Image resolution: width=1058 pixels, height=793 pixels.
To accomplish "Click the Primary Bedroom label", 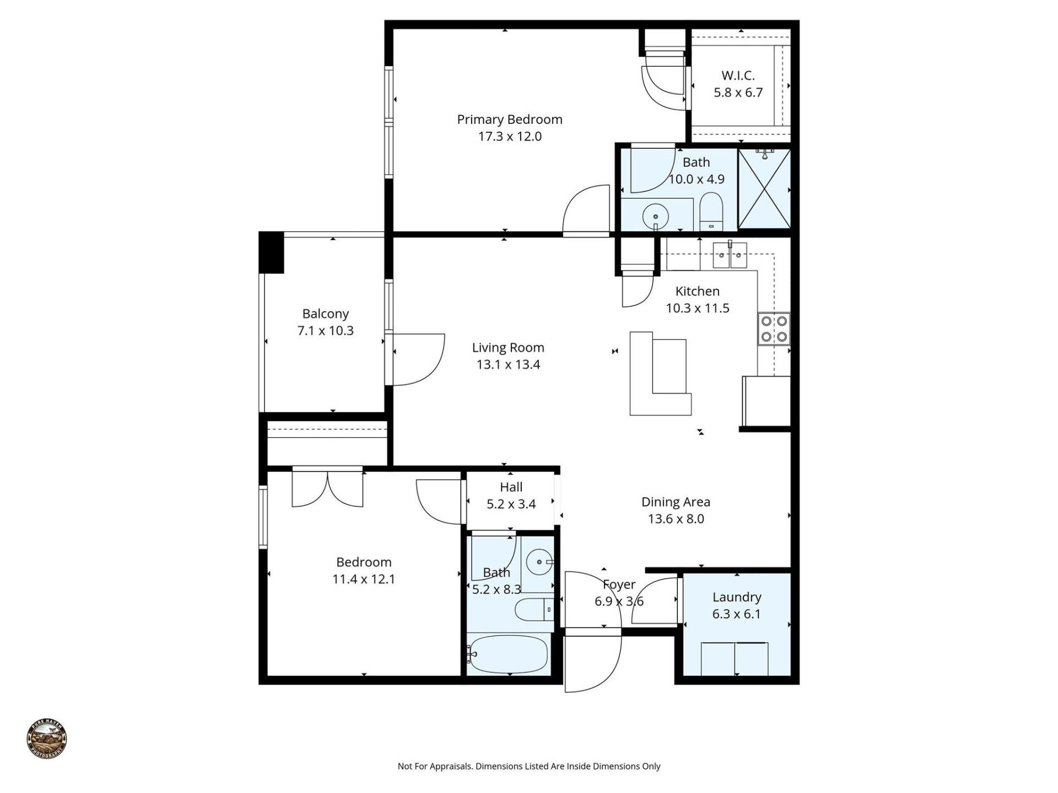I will tap(509, 120).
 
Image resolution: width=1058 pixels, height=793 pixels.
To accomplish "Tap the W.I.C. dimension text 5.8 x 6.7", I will tap(738, 93).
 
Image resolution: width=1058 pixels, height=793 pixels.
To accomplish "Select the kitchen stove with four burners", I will tap(774, 329).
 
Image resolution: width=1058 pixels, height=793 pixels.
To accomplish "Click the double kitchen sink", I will tap(730, 256).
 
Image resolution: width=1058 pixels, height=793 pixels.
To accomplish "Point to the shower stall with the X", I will tap(764, 188).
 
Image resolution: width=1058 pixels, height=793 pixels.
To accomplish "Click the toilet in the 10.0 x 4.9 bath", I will tap(711, 211).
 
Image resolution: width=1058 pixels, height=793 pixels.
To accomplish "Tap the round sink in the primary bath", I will tap(655, 216).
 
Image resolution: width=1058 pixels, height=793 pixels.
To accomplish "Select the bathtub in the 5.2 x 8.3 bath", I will tap(509, 654).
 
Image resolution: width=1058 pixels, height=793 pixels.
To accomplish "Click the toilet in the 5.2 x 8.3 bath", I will tap(533, 610).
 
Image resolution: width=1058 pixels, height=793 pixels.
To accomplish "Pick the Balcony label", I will tap(325, 314).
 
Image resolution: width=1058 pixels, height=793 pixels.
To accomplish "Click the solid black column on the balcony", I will tap(271, 253).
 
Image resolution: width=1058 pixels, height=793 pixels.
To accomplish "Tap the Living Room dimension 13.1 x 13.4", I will tap(508, 365).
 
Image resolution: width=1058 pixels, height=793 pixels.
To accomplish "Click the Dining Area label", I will tap(676, 502).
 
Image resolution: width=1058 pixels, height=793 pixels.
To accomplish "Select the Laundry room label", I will tap(737, 597).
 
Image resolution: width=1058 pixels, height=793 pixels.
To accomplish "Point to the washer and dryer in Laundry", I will tap(735, 658).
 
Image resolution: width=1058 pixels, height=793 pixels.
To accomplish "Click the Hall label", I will tap(511, 487).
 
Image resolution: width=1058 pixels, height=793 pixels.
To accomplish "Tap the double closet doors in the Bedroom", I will tap(327, 488).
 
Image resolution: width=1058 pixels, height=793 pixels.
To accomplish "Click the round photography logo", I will tap(47, 739).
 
